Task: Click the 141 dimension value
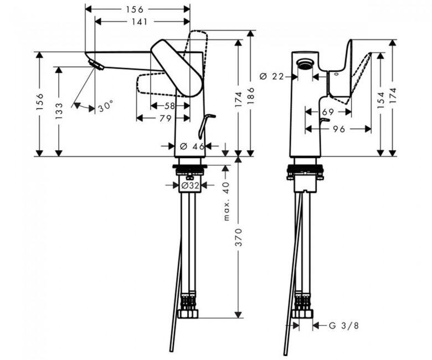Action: tap(139, 22)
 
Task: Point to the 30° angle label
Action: tap(106, 106)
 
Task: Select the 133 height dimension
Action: tap(59, 111)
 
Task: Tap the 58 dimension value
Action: tap(169, 106)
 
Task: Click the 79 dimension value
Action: tap(165, 119)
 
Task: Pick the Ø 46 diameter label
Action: tap(192, 147)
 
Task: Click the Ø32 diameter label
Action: tap(191, 186)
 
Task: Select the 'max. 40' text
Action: tap(226, 202)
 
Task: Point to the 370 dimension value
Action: tap(239, 237)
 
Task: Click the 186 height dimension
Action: tap(251, 96)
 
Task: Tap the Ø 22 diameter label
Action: tap(271, 76)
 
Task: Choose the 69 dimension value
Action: tap(328, 112)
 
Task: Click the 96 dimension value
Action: tap(338, 129)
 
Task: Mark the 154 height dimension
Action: tap(380, 100)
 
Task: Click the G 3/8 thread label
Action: tap(344, 326)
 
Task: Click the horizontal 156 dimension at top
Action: tap(135, 9)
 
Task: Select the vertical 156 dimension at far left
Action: tap(40, 102)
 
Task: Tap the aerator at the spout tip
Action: tap(96, 65)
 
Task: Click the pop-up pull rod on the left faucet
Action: tap(206, 125)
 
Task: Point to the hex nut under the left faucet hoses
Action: tap(188, 313)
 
